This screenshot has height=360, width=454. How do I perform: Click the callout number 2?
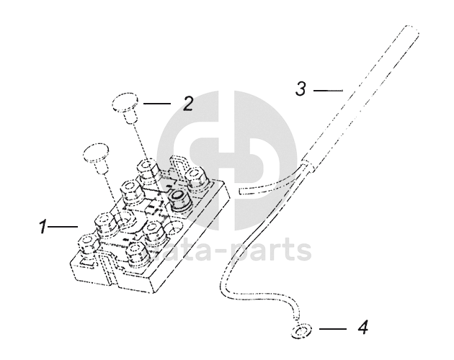(x=187, y=104)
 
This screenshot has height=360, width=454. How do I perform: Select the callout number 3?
(x=301, y=90)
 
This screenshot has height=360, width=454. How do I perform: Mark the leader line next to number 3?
(x=327, y=90)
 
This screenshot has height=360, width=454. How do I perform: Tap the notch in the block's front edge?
(x=110, y=277)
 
